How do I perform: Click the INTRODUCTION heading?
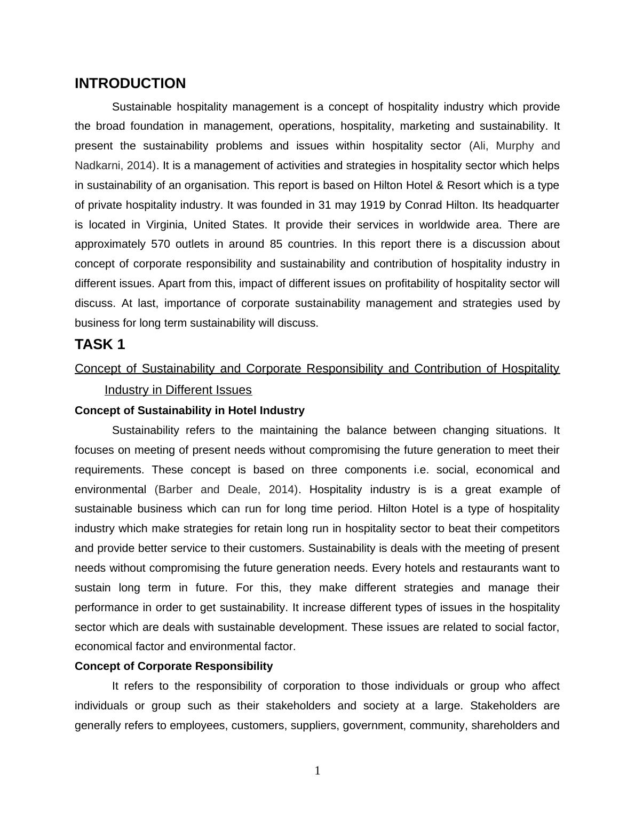(130, 84)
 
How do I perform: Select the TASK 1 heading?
(100, 345)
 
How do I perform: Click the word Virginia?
(166, 225)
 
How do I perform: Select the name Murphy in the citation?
(515, 146)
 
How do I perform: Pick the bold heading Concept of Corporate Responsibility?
(173, 667)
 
